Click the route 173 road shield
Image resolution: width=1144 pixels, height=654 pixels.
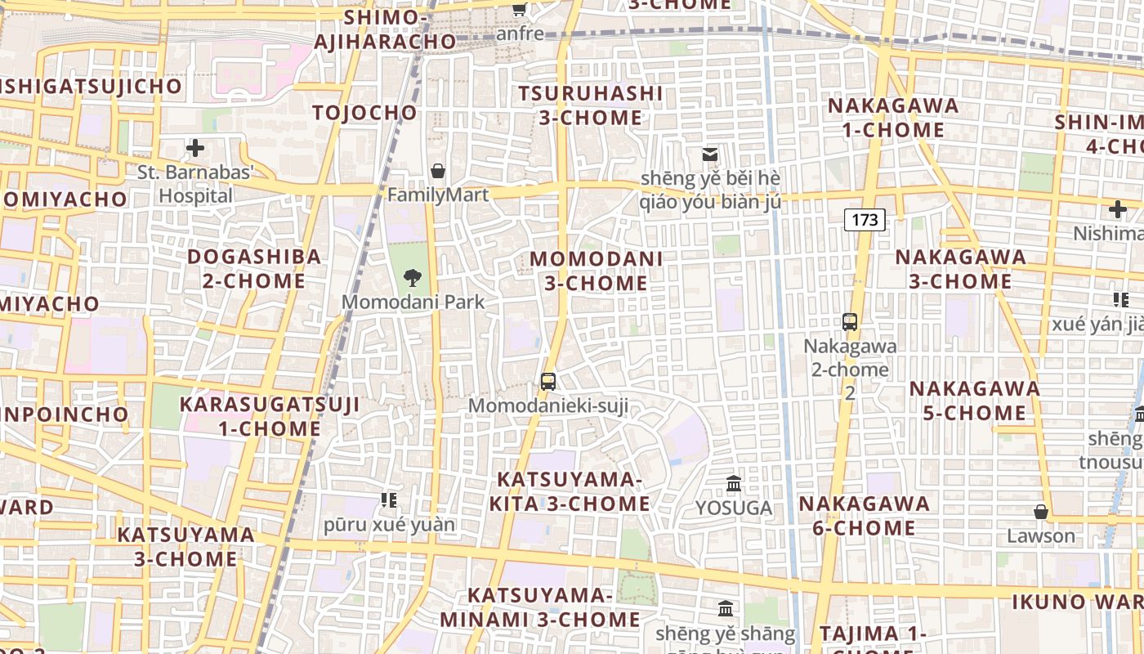point(865,219)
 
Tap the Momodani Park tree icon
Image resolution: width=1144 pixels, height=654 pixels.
point(413,278)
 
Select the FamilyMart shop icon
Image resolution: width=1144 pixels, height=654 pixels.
point(438,171)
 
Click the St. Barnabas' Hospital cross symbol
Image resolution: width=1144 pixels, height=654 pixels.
point(195,148)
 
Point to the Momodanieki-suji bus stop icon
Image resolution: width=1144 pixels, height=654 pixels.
point(548,381)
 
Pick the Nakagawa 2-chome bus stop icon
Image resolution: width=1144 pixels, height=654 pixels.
point(850,321)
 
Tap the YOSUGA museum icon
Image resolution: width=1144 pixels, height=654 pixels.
point(734,483)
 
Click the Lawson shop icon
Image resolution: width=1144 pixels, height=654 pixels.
point(1040,512)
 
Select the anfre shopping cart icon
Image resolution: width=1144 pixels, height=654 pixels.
point(519,9)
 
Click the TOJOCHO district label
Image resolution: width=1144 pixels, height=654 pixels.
point(364,113)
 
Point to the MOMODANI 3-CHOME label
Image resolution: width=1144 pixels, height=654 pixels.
point(597,271)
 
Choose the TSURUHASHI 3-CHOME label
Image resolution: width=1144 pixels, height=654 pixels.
point(590,105)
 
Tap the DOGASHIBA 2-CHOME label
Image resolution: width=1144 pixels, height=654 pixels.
point(254,268)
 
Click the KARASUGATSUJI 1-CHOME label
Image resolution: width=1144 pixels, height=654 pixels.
point(270,416)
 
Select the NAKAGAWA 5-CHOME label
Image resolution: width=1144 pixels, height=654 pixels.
point(974,400)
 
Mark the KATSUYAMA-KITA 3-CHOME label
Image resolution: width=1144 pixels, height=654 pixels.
point(570,491)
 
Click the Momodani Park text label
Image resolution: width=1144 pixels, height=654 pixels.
point(413,302)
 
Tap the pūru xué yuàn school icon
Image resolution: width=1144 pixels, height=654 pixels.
point(389,499)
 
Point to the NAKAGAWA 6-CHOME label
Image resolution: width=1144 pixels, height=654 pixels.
point(865,515)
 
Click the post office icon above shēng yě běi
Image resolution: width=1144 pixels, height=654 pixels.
point(710,154)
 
